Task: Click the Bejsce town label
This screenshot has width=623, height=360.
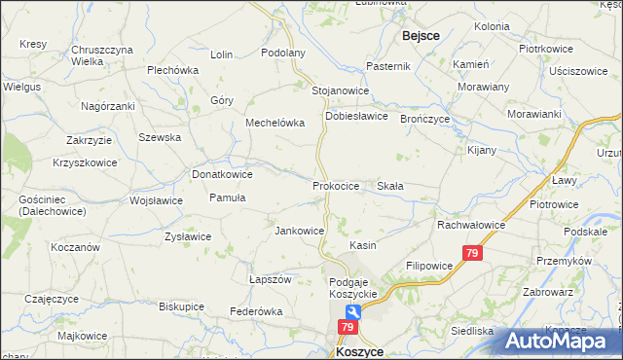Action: coord(421,35)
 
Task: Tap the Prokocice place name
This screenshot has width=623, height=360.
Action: coord(336,185)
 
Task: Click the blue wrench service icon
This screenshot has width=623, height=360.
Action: coord(352,313)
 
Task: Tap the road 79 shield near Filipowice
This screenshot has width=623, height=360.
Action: coord(471,253)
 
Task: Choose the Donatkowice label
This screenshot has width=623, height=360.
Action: coord(222,174)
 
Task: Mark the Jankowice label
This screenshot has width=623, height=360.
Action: coord(299,231)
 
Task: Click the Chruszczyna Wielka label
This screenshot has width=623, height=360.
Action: coord(101,54)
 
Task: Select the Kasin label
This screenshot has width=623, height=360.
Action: coord(363,246)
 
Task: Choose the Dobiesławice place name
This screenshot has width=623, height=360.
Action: coord(356,115)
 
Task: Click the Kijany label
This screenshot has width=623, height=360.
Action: coord(481,151)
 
